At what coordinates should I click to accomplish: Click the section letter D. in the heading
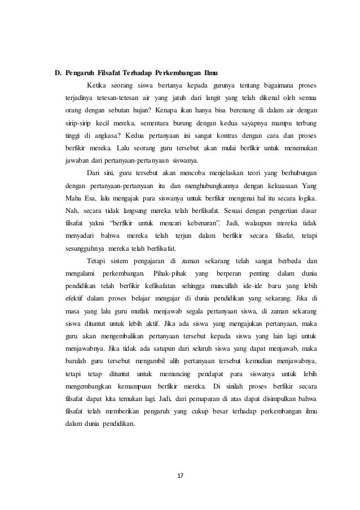click(58, 73)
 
